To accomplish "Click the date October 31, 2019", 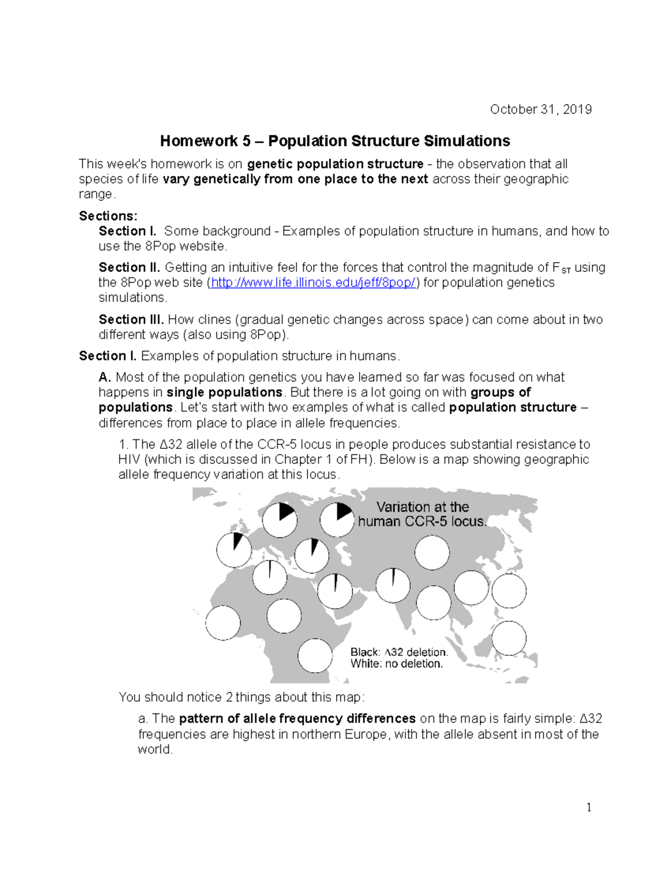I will coord(541,109).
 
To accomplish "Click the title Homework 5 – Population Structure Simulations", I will coord(335,140).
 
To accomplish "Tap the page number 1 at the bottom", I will coord(589,807).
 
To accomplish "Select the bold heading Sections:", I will coord(108,216).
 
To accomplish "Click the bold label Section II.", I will coord(129,267).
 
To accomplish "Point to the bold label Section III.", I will coord(131,320).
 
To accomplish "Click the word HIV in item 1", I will coord(130,459).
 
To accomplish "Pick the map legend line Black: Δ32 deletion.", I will coord(399,652).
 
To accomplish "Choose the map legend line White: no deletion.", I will coord(396,664).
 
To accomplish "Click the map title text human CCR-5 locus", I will coord(422,522).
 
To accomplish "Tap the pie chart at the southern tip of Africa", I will coord(315,655).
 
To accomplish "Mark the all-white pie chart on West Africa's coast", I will coord(223,623).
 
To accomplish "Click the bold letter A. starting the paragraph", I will coord(105,377).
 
